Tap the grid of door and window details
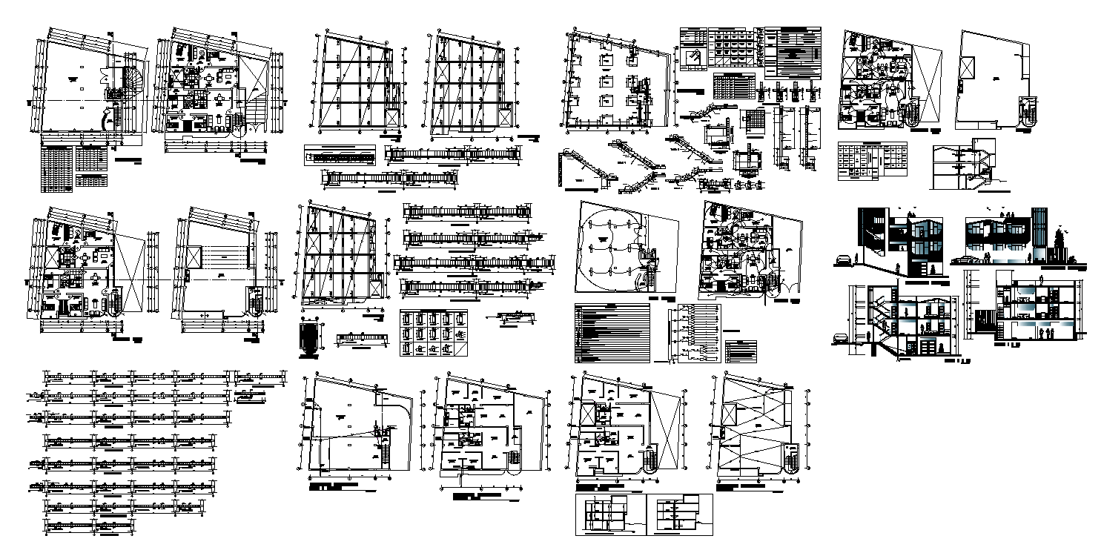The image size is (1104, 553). pos(433,332)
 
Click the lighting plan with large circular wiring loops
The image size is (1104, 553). pos(610,248)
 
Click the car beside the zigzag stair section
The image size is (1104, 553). pos(841,338)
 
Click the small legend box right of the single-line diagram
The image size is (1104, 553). pos(742,350)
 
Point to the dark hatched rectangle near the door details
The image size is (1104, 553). pos(311,338)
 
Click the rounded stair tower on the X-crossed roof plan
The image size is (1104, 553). pos(790,457)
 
